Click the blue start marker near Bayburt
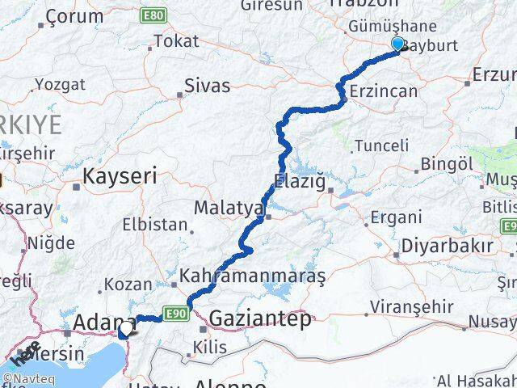click(397, 44)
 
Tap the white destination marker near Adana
click(126, 329)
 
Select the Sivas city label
click(207, 86)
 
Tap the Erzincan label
click(382, 92)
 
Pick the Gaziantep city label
click(258, 319)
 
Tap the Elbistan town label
click(157, 225)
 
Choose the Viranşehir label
click(404, 307)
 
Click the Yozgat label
click(60, 84)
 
